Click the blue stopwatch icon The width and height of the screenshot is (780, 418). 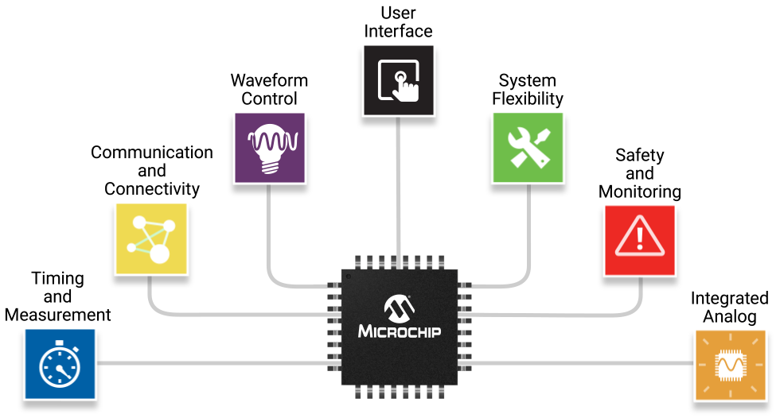pyautogui.click(x=60, y=365)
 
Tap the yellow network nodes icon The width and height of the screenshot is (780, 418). pyautogui.click(x=151, y=238)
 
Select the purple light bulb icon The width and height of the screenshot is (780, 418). pyautogui.click(x=269, y=149)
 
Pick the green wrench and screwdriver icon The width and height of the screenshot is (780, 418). pyautogui.click(x=528, y=149)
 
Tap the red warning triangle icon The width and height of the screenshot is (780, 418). pyautogui.click(x=639, y=240)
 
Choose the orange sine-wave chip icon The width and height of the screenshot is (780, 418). pyautogui.click(x=731, y=365)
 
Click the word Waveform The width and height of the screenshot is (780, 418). pyautogui.click(x=269, y=80)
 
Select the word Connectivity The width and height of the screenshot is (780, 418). pyautogui.click(x=151, y=189)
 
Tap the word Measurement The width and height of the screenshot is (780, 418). pyautogui.click(x=58, y=315)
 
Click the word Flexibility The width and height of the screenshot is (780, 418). pyautogui.click(x=528, y=99)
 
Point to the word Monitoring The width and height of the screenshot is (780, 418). pyautogui.click(x=639, y=192)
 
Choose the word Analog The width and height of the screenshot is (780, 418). pyautogui.click(x=730, y=316)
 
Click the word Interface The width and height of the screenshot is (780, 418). pyautogui.click(x=399, y=31)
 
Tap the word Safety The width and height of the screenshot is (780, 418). pyautogui.click(x=639, y=155)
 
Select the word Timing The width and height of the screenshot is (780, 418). pyautogui.click(x=58, y=279)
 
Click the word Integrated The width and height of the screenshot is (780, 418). pyautogui.click(x=730, y=298)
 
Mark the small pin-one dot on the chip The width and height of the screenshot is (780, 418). pyautogui.click(x=349, y=277)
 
